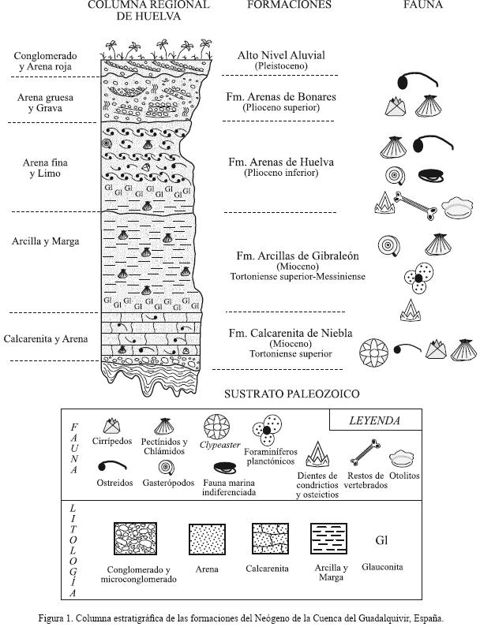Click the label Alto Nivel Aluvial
[x=280, y=55]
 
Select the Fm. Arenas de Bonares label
[x=280, y=97]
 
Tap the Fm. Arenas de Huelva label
[x=280, y=162]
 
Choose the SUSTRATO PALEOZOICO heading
[x=291, y=394]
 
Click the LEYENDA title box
[x=374, y=421]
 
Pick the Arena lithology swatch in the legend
[x=206, y=540]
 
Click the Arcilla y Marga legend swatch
[x=330, y=540]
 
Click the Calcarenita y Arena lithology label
[x=45, y=339]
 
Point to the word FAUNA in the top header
[x=423, y=5]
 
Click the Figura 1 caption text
[x=240, y=618]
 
